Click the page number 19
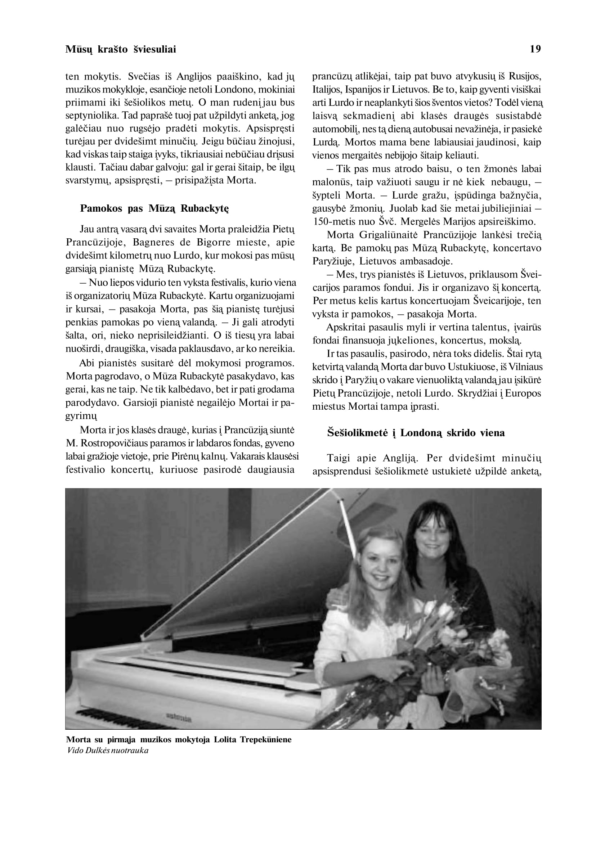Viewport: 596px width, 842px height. pyautogui.click(x=535, y=49)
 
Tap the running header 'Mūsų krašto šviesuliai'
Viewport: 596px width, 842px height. pyautogui.click(x=120, y=49)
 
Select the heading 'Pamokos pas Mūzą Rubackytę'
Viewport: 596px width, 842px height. pyautogui.click(x=154, y=209)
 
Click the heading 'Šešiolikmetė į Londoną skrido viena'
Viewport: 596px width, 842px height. pyautogui.click(x=416, y=433)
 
